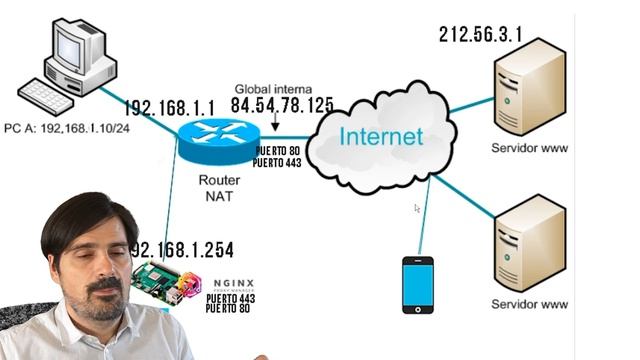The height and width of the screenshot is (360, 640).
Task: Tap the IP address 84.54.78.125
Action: [x=282, y=105]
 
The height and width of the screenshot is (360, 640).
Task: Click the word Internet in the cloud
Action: [x=380, y=137]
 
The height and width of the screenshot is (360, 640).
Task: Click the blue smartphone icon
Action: [x=417, y=284]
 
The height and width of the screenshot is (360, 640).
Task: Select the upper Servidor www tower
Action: [x=529, y=86]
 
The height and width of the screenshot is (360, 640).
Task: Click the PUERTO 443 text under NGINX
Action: [x=231, y=298]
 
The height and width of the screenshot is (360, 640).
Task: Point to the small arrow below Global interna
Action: [x=274, y=125]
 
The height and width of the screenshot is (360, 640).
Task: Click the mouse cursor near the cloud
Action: [x=417, y=209]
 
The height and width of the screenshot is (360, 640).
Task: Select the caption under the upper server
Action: [x=530, y=149]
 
